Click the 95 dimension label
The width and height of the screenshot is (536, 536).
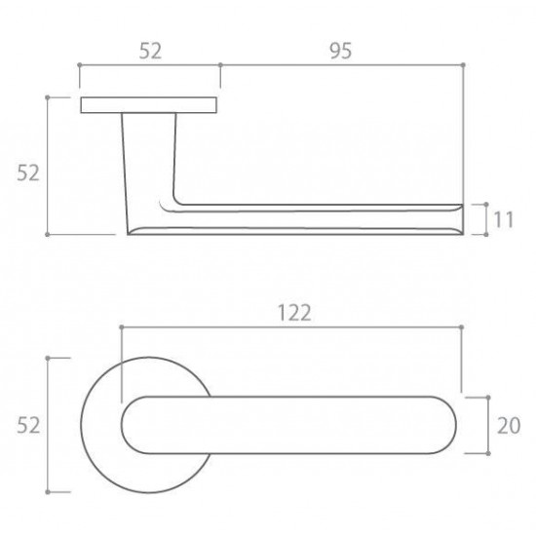click(340, 51)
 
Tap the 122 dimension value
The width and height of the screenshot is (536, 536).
click(294, 313)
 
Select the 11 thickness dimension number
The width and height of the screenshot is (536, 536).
click(503, 219)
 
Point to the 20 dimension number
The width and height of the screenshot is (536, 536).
click(509, 426)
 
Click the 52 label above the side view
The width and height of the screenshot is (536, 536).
click(150, 51)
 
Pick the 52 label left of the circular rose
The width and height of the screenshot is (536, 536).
click(28, 426)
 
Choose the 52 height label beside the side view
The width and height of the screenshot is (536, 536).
click(28, 172)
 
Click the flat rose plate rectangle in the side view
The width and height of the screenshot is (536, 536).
click(149, 105)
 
